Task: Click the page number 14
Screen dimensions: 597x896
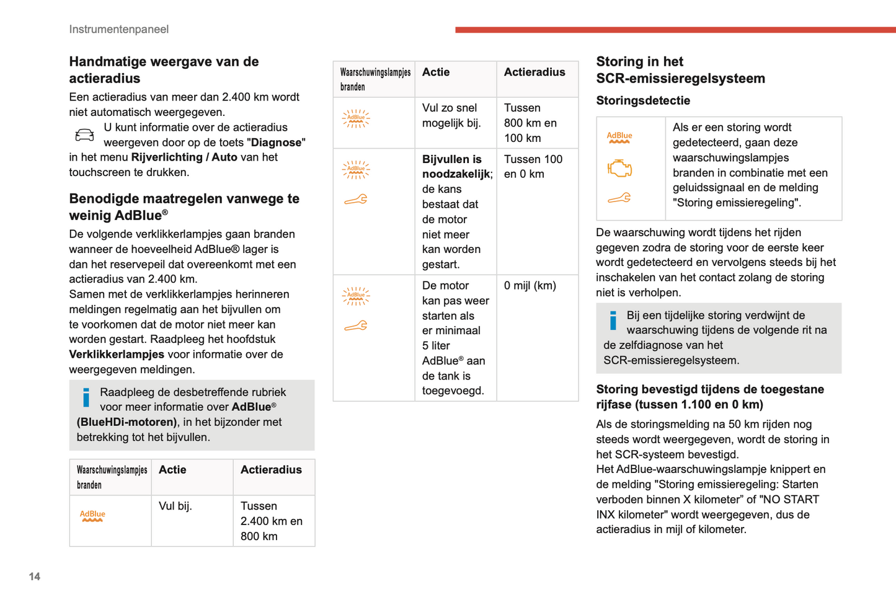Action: (34, 577)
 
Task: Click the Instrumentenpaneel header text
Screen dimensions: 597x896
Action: (118, 29)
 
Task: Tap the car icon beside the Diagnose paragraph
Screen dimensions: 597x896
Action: (84, 135)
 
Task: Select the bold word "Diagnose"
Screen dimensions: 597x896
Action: (275, 143)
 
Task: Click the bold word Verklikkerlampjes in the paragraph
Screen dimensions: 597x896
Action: (116, 355)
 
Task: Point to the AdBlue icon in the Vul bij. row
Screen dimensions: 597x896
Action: (92, 516)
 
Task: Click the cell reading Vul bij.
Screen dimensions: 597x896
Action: (175, 506)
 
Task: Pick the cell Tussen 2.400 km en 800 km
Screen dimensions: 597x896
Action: (272, 521)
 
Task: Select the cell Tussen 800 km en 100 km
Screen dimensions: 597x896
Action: (530, 123)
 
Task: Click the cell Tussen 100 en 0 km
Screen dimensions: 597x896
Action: (533, 167)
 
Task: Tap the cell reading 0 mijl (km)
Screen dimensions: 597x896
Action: (530, 286)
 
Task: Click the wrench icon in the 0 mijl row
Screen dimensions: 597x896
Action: (356, 325)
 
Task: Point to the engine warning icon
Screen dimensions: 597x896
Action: (619, 168)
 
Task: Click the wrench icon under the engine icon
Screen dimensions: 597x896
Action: (619, 198)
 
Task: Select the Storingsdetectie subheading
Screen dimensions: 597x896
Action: (643, 100)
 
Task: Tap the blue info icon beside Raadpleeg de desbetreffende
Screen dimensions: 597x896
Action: (86, 397)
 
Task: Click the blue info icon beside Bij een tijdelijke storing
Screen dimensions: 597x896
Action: (613, 321)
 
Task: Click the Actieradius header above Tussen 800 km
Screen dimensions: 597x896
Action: (534, 73)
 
